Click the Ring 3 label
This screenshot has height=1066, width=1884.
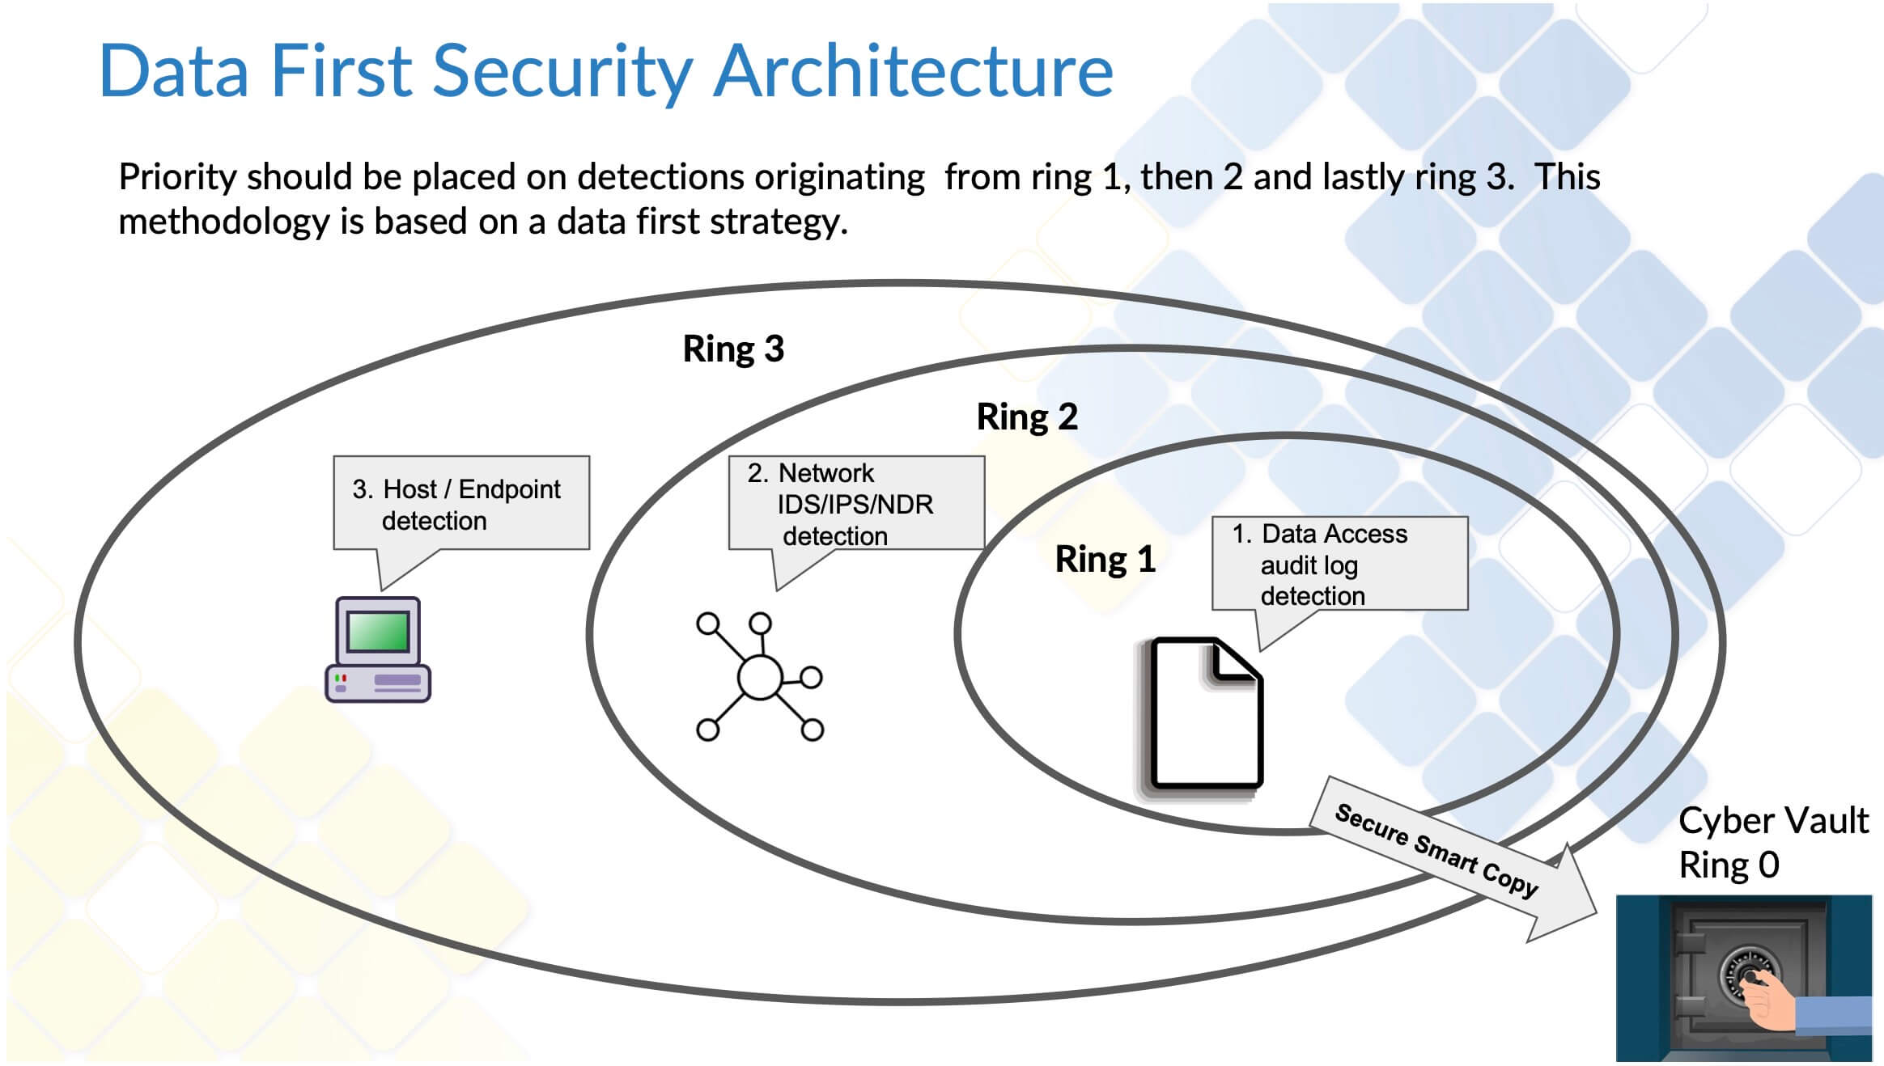tap(733, 349)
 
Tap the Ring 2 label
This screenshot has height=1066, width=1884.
tap(1027, 417)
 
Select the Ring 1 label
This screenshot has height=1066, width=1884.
tap(1105, 559)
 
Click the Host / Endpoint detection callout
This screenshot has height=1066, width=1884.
tap(461, 503)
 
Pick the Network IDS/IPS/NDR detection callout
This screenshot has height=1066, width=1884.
tap(856, 503)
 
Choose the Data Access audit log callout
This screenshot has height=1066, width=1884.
tap(1339, 564)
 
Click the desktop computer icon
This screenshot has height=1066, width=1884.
tap(378, 649)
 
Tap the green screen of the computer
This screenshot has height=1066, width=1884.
tap(378, 632)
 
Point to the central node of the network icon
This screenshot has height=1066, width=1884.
tap(760, 678)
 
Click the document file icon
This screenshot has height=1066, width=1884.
tap(1203, 715)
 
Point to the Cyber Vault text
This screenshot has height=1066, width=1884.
tap(1773, 821)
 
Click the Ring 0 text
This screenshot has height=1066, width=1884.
tap(1729, 865)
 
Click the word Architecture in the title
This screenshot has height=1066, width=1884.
tap(914, 71)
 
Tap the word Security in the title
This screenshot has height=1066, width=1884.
tap(562, 73)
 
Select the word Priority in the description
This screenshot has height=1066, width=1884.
tap(178, 177)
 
